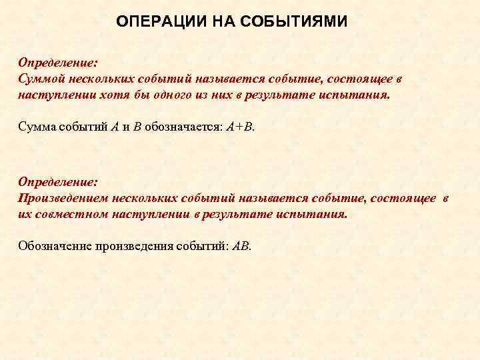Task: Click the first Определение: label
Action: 58,62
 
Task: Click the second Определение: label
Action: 58,181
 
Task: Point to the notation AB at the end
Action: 241,245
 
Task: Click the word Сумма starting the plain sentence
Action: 36,127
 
